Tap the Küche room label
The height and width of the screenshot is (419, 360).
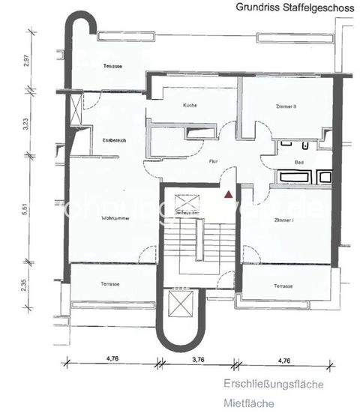[190, 106]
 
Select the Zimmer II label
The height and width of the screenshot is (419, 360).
[285, 106]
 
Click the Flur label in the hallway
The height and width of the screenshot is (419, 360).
[213, 161]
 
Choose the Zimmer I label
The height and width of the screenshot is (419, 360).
[283, 220]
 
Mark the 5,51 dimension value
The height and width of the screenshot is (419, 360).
[26, 209]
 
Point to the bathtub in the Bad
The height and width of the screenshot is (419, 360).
[294, 178]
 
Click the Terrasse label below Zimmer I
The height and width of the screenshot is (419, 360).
[283, 286]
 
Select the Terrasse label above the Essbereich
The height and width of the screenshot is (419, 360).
[112, 67]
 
